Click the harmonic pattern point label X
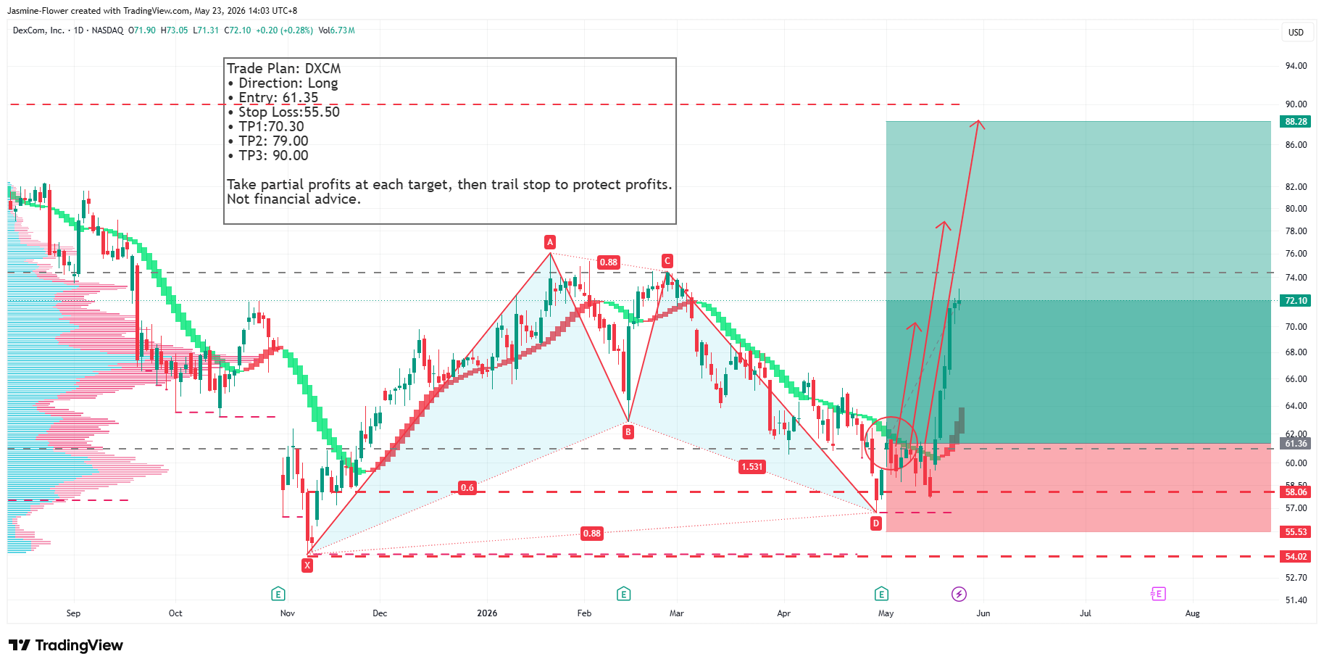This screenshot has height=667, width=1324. pyautogui.click(x=307, y=565)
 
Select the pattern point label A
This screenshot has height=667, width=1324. pyautogui.click(x=550, y=242)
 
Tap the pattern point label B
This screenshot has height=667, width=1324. pyautogui.click(x=628, y=431)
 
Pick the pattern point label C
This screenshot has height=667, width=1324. pyautogui.click(x=667, y=261)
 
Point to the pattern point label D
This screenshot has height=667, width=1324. pyautogui.click(x=876, y=523)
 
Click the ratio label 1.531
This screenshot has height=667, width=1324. pyautogui.click(x=752, y=466)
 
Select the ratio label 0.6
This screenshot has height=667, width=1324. pyautogui.click(x=467, y=487)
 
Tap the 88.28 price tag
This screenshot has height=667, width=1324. pyautogui.click(x=1296, y=122)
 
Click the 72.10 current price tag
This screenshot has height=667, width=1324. pyautogui.click(x=1296, y=301)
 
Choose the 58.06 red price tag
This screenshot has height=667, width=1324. pyautogui.click(x=1296, y=492)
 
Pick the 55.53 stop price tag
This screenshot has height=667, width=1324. pyautogui.click(x=1296, y=532)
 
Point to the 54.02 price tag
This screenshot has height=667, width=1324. pyautogui.click(x=1296, y=557)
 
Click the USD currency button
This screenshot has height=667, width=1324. pyautogui.click(x=1296, y=33)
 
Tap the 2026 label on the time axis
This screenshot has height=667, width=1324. pyautogui.click(x=487, y=613)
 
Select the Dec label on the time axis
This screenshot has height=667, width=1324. pyautogui.click(x=380, y=613)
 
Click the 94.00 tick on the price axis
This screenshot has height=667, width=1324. pyautogui.click(x=1296, y=66)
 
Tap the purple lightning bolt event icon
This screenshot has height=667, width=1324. pyautogui.click(x=959, y=594)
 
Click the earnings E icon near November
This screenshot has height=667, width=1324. pyautogui.click(x=278, y=594)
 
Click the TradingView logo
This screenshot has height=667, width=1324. pyautogui.click(x=66, y=645)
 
